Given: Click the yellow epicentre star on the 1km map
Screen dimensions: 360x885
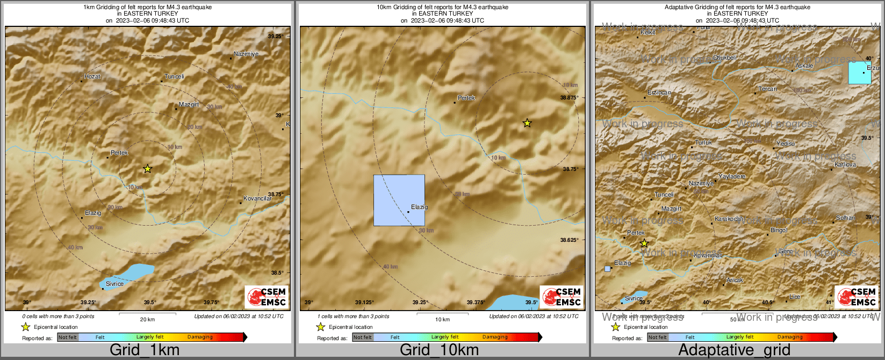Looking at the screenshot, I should point(148,169).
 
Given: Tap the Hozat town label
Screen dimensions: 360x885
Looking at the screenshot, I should point(92,77).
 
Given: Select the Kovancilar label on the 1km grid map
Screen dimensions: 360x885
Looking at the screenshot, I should point(257,199).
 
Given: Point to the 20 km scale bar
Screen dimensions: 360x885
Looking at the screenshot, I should point(147,313).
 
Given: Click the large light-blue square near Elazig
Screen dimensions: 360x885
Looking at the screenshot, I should point(399,200).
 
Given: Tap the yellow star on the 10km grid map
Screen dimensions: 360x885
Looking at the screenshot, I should point(527,123).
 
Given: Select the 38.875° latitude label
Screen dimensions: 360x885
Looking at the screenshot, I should point(569,98).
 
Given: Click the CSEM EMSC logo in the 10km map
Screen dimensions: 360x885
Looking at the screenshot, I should point(561,297).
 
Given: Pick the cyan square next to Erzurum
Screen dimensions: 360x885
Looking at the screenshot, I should point(860,73).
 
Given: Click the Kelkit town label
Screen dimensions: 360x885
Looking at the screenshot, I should point(648,33).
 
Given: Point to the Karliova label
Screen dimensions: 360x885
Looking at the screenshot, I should point(845,165).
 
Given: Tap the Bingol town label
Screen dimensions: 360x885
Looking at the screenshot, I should point(779,231).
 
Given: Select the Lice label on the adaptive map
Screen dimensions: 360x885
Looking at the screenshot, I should point(795,297).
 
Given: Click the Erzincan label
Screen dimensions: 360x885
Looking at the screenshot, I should point(659,93).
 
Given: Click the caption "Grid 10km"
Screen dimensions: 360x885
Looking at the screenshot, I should point(439,350).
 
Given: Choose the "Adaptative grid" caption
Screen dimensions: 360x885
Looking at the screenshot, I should point(734,350).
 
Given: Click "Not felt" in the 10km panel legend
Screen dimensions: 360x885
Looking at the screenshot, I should point(363,337).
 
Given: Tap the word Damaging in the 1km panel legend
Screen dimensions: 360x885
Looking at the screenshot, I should point(200,337).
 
